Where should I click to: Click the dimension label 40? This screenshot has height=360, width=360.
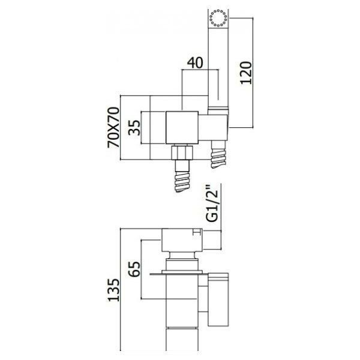195,63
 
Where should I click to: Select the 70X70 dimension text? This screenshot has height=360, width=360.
113,127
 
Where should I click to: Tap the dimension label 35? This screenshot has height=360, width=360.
134,128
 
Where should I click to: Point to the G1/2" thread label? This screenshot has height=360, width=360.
212,205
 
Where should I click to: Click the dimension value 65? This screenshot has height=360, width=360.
134,269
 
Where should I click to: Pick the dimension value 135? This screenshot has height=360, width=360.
114,290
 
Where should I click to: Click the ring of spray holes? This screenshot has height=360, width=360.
218,18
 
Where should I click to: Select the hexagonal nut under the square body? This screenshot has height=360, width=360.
183,152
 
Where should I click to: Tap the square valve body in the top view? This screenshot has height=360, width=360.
182,128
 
